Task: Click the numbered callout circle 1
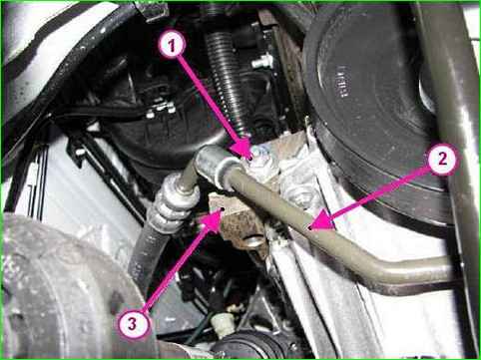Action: point(172,46)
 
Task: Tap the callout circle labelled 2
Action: point(442,160)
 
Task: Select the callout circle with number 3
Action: point(133,323)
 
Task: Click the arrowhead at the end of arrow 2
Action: point(320,222)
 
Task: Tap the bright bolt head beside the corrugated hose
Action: point(262,62)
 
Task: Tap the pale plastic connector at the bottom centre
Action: point(223,321)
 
